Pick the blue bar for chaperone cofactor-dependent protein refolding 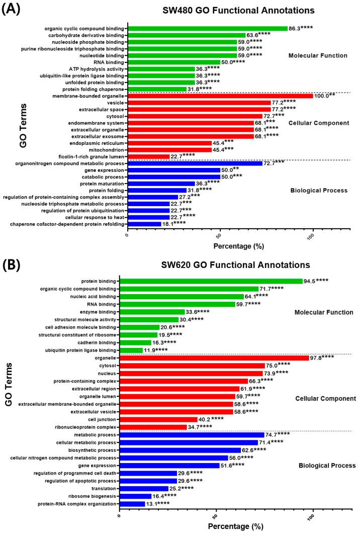click(144, 223)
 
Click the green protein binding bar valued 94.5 click(212, 281)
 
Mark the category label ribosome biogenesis click(96, 496)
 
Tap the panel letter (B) click(12, 264)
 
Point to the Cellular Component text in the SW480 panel click(321, 123)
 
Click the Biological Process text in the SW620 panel click(326, 466)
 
